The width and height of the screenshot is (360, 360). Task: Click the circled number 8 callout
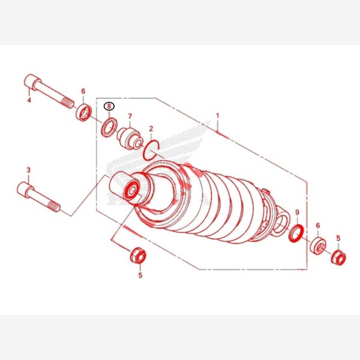click(109, 106)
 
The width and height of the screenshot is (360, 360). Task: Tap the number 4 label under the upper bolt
click(29, 100)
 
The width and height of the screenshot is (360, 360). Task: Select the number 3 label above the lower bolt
click(28, 170)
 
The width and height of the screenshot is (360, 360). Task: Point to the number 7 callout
click(130, 116)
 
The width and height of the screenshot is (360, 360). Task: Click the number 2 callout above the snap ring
click(151, 128)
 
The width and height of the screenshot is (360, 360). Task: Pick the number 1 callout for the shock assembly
click(218, 116)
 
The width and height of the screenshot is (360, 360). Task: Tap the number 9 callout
click(298, 212)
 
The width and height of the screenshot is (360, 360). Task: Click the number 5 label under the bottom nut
click(140, 275)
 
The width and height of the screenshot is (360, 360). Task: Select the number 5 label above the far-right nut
click(338, 238)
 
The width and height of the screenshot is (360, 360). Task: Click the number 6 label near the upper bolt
click(83, 91)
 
